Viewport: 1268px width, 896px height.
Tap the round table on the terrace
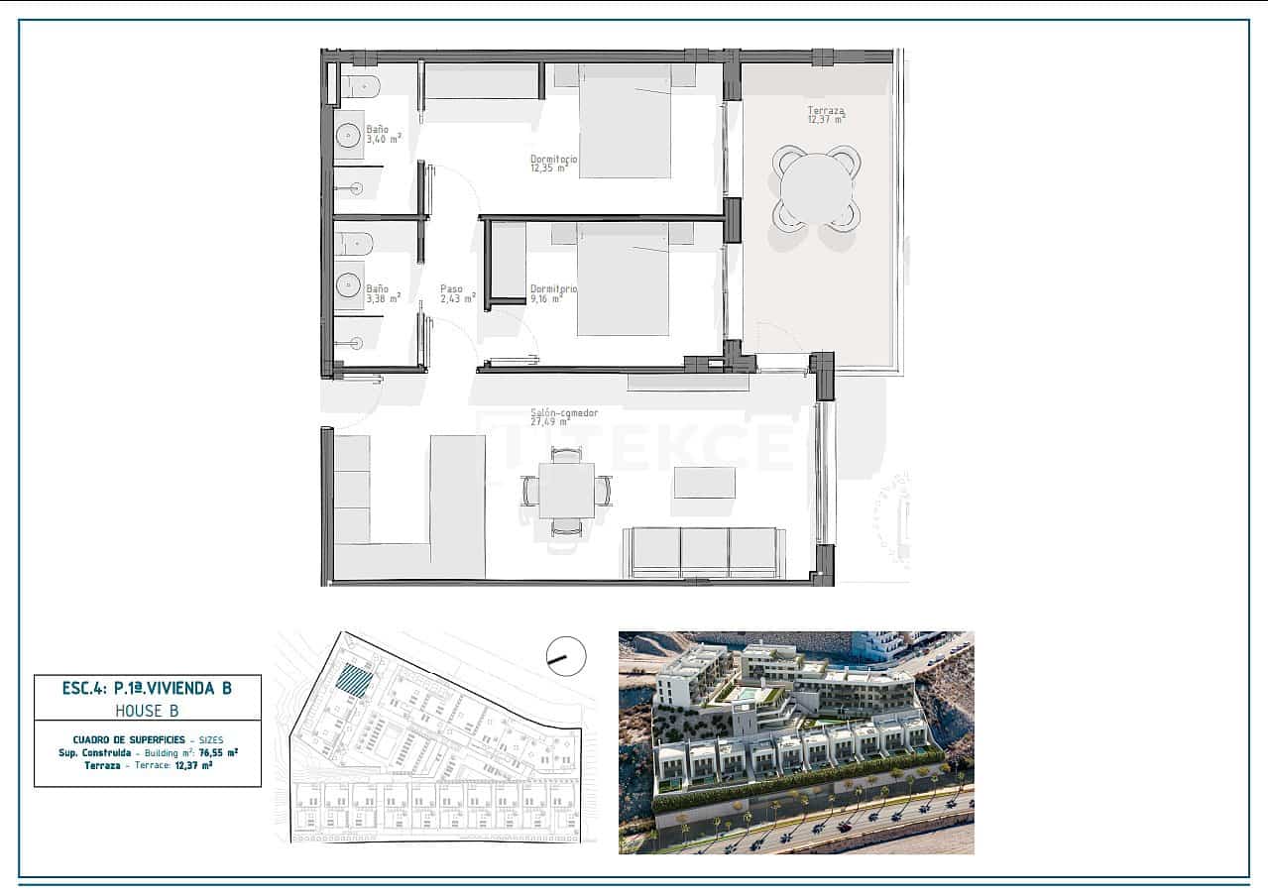[x=816, y=188]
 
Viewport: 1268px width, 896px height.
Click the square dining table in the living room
[x=566, y=490]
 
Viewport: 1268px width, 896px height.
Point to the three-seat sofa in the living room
[x=704, y=552]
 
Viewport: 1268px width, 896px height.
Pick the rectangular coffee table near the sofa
[x=705, y=483]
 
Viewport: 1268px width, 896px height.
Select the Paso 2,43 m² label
[x=458, y=293]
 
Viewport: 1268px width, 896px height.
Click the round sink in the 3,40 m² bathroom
[x=349, y=136]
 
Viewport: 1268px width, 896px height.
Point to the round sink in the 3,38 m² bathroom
[x=349, y=285]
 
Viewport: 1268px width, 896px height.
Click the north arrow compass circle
[x=566, y=656]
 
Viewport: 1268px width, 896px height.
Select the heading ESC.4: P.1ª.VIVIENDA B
[x=147, y=688]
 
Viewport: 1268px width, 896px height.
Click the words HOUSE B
[x=147, y=711]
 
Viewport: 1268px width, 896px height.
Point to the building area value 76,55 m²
[x=218, y=752]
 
